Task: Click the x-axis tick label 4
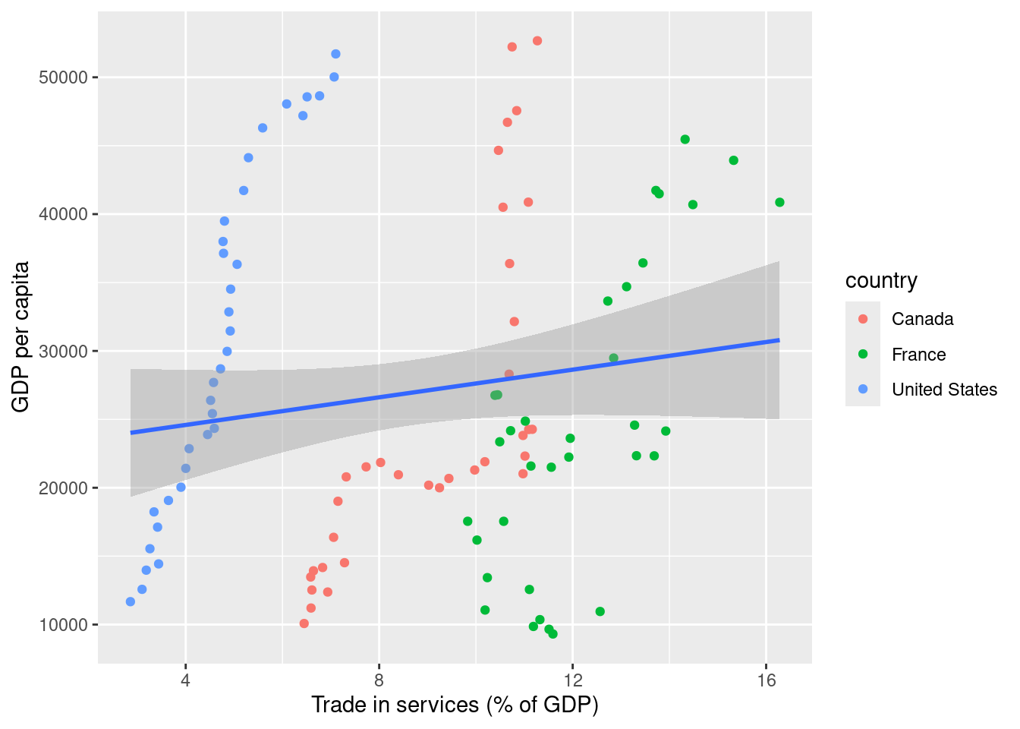(x=186, y=680)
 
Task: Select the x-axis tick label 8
(x=379, y=680)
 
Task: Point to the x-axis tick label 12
(x=573, y=680)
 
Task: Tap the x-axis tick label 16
(x=767, y=680)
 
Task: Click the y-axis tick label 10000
(x=63, y=625)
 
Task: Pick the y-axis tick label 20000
(x=63, y=488)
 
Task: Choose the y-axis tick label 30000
(x=63, y=352)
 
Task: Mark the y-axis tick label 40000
(x=63, y=214)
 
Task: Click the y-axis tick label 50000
(x=63, y=77)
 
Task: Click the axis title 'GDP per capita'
(x=21, y=337)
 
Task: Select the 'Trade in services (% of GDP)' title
(x=455, y=705)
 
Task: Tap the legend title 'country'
(x=881, y=281)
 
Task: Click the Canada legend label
(x=922, y=319)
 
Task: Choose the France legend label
(x=918, y=355)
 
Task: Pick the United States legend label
(x=944, y=390)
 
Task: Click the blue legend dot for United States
(x=863, y=390)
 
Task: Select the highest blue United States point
(x=335, y=54)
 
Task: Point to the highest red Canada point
(x=537, y=41)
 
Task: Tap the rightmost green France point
(x=779, y=202)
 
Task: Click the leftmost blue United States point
(x=131, y=601)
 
